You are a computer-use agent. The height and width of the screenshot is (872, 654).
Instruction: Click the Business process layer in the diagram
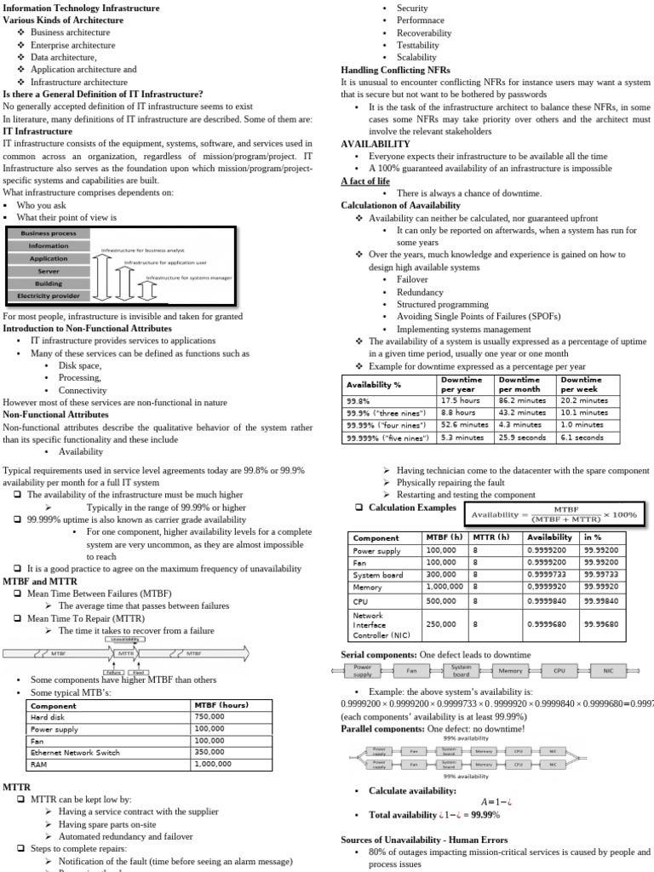pos(49,233)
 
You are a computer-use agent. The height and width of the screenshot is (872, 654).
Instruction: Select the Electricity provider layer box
pos(49,296)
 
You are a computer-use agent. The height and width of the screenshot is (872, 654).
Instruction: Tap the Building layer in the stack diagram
pos(49,284)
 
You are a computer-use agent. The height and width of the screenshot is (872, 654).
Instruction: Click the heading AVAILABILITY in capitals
pos(376,145)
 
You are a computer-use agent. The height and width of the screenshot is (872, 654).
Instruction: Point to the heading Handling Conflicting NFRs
pos(396,69)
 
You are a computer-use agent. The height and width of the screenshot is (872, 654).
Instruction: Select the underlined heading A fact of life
pos(365,181)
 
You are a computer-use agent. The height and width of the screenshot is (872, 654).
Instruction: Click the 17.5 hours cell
pos(461,399)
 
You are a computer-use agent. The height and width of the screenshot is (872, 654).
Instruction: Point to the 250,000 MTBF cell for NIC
pos(441,624)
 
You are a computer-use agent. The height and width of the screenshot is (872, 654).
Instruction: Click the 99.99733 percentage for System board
pos(601,575)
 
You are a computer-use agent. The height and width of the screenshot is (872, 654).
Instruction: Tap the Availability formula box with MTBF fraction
pos(555,514)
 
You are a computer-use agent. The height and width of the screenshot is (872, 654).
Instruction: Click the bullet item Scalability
pos(416,57)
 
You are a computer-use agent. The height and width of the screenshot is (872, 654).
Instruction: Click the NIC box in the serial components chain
pos(608,670)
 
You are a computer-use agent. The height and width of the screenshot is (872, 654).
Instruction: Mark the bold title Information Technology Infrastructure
pos(81,8)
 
